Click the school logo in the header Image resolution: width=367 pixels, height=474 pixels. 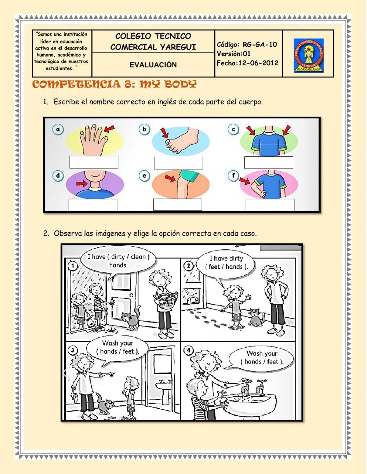[x=308, y=56]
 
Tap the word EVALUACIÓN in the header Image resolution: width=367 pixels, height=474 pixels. [x=153, y=65]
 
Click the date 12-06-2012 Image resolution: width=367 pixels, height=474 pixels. [x=258, y=63]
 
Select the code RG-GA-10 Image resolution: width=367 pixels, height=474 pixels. [x=259, y=44]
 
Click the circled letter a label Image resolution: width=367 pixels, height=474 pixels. [x=58, y=129]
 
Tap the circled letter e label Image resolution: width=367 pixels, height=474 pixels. [x=144, y=176]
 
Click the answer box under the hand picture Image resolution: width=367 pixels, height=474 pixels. [x=94, y=162]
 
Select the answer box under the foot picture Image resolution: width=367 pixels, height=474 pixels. [x=178, y=163]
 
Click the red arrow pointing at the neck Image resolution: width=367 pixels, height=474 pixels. [x=82, y=184]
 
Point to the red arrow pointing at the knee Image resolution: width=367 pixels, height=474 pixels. [x=170, y=178]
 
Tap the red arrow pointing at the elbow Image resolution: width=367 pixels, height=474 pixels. [x=245, y=181]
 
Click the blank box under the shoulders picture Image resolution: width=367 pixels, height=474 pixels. [x=269, y=163]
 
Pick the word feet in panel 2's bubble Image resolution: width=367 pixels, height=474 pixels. [x=214, y=267]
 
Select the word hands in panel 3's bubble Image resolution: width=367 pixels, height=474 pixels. [x=108, y=351]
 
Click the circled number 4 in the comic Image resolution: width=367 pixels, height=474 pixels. [x=189, y=350]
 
